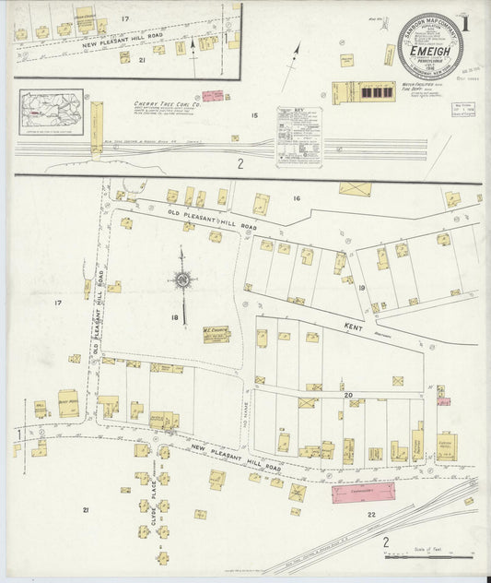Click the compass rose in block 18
(x=182, y=279)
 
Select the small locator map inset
(x=52, y=111)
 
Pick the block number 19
(x=362, y=289)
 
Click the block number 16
(x=297, y=198)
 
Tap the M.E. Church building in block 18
(x=216, y=334)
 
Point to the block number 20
(x=348, y=395)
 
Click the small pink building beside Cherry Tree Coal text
(x=214, y=95)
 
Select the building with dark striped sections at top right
(x=363, y=92)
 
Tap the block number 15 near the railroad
(x=255, y=116)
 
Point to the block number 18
(x=173, y=317)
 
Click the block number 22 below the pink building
(x=372, y=514)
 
